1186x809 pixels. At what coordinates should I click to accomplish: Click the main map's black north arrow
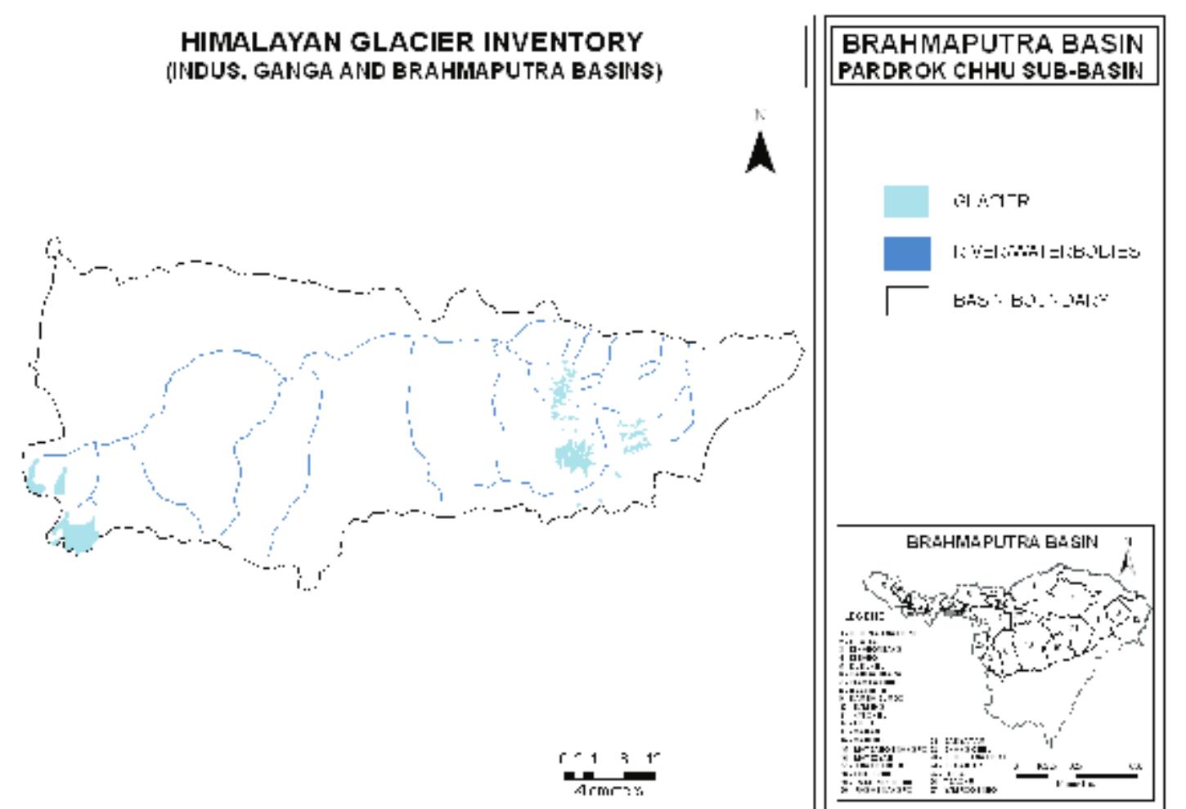tap(761, 153)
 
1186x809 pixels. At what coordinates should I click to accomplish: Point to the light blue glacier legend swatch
tap(906, 202)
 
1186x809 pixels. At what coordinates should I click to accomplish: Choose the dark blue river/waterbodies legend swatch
tap(906, 253)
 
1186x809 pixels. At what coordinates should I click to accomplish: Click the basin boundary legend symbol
tap(906, 300)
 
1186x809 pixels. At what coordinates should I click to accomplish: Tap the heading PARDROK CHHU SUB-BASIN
tap(991, 70)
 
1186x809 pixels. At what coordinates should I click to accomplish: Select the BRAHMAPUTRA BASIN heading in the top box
tap(993, 43)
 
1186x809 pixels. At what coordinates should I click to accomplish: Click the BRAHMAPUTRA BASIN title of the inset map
tap(1002, 542)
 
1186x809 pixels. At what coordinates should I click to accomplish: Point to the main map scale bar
tap(610, 775)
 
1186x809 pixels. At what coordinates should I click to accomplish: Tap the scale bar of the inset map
tap(1076, 775)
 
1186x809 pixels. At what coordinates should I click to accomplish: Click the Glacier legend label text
tap(991, 201)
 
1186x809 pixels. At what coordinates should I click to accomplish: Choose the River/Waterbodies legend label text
tap(1046, 252)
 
